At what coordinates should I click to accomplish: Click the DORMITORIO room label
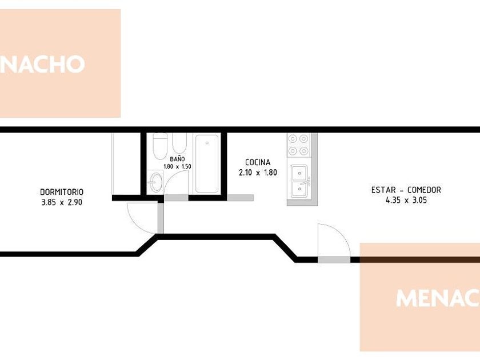tap(62, 192)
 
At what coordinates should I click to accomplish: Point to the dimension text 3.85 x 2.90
tap(62, 202)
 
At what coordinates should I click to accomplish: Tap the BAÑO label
tap(178, 159)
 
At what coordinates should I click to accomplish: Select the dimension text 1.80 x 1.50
tap(178, 166)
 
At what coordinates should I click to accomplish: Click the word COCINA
tap(258, 162)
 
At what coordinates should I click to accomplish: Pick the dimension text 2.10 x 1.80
tap(258, 173)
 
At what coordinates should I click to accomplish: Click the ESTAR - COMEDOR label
tap(406, 190)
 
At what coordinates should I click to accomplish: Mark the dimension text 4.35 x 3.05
tap(406, 201)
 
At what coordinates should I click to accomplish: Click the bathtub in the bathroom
tap(207, 164)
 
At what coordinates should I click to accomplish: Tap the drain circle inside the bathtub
tap(207, 143)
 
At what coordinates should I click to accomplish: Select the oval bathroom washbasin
tap(156, 182)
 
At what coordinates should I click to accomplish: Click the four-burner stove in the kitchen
tap(298, 145)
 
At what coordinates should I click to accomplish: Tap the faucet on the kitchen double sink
tap(306, 182)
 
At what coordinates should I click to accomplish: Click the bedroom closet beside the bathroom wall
tap(126, 164)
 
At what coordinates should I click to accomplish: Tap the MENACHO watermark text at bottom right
tap(438, 298)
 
